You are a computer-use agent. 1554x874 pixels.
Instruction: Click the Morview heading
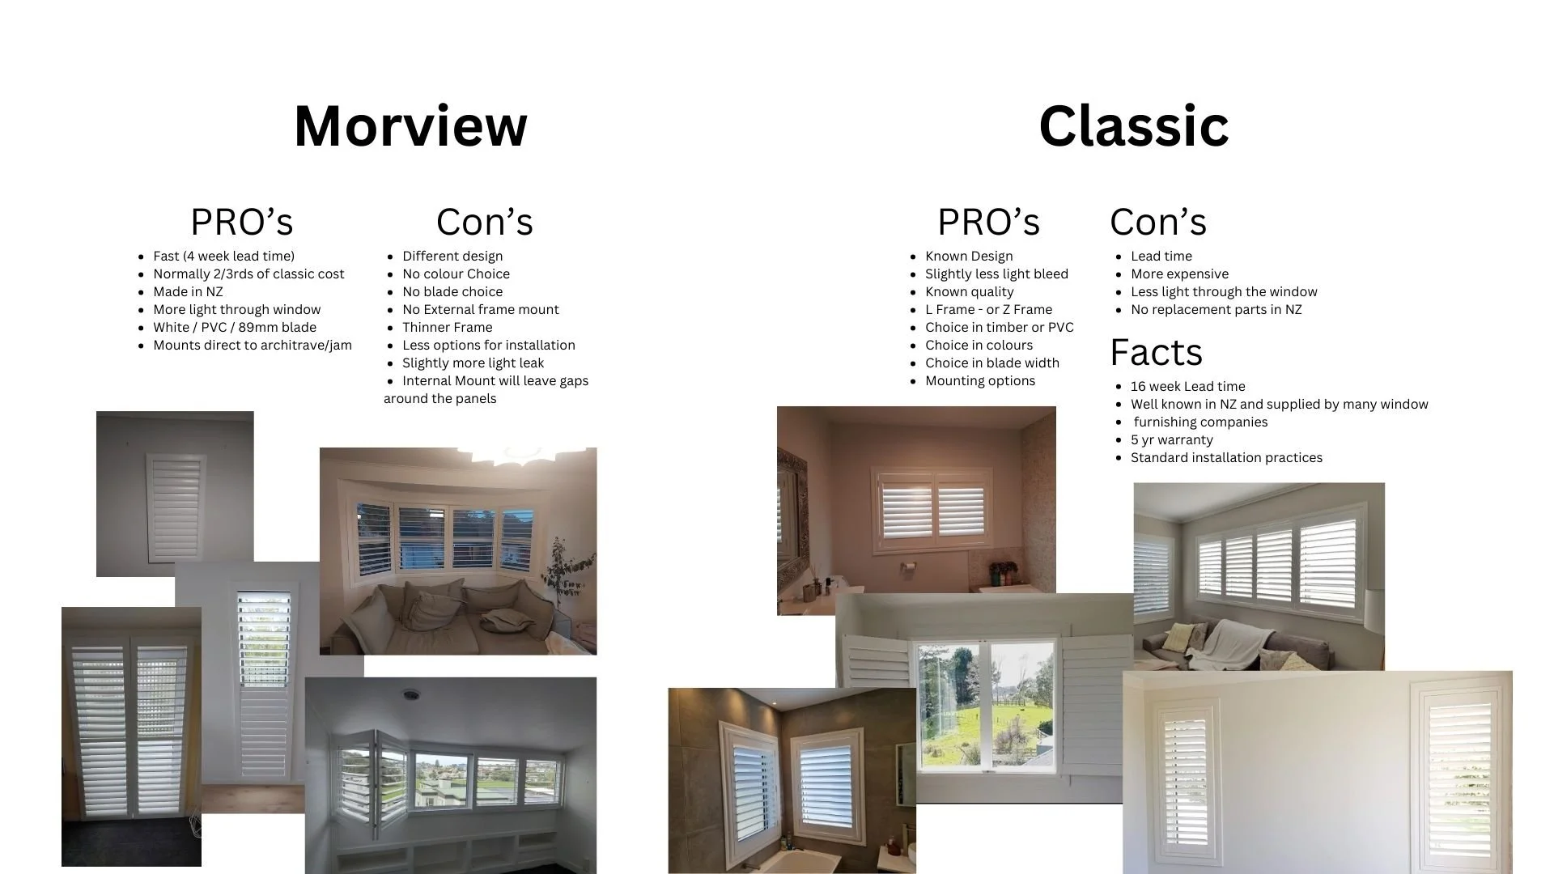[x=410, y=126]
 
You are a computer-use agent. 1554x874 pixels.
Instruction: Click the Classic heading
[x=1133, y=126]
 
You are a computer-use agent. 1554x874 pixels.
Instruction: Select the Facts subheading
[x=1156, y=352]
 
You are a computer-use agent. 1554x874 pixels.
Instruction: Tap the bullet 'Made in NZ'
[x=188, y=292]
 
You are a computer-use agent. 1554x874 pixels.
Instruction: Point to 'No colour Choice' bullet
[x=456, y=274]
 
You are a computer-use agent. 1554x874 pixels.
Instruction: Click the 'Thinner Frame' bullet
[x=447, y=328]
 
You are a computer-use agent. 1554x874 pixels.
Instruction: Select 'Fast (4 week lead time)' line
[x=223, y=257]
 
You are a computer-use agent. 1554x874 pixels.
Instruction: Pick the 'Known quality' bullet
[x=969, y=292]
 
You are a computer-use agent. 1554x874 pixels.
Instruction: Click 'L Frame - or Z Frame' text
[x=988, y=310]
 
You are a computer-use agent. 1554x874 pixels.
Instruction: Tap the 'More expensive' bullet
[x=1179, y=274]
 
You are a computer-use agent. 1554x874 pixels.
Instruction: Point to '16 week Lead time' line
[x=1187, y=387]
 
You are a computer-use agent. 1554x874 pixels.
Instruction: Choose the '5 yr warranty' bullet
[x=1171, y=440]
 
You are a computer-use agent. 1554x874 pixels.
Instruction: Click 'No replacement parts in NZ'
[x=1216, y=310]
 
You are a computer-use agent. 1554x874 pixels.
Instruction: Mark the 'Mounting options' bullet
[x=979, y=381]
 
